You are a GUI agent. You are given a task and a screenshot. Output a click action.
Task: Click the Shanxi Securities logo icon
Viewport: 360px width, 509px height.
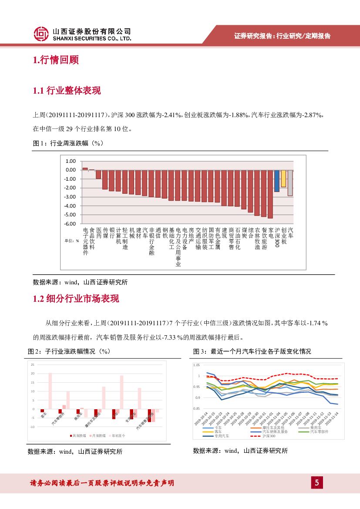click(41, 34)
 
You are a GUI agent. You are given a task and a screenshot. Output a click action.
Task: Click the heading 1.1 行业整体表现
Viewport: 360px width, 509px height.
click(67, 91)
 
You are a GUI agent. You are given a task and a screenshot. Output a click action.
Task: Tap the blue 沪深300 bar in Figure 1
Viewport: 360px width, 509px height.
click(277, 181)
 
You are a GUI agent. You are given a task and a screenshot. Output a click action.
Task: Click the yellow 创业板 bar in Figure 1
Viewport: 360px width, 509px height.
click(283, 179)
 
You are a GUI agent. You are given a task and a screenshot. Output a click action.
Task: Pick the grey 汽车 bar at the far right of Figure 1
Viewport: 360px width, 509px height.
click(290, 183)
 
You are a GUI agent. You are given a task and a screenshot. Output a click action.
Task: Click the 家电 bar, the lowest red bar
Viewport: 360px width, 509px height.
click(270, 194)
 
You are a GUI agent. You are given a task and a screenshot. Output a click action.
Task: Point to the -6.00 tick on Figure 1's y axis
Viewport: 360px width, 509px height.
click(70, 224)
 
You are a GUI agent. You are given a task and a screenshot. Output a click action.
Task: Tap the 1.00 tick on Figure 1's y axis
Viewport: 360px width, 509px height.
click(71, 161)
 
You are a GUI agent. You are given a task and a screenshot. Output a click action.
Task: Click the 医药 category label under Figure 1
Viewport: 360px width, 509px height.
click(99, 233)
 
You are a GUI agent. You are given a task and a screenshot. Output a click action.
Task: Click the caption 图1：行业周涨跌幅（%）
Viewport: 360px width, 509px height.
click(67, 143)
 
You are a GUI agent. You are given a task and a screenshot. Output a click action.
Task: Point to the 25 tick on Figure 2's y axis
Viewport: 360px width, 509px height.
click(33, 364)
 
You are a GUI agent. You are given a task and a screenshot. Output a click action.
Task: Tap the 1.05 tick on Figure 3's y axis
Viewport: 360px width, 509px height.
click(196, 365)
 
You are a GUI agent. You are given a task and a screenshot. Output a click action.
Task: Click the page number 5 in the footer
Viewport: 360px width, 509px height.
click(317, 482)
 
